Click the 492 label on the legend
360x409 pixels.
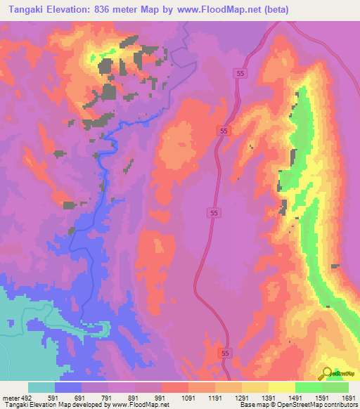[28, 398]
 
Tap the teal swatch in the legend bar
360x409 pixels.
[41, 387]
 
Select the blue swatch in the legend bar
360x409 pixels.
[68, 387]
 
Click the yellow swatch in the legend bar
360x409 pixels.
[282, 387]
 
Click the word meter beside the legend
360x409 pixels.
[11, 398]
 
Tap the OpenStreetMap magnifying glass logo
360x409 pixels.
[327, 373]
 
